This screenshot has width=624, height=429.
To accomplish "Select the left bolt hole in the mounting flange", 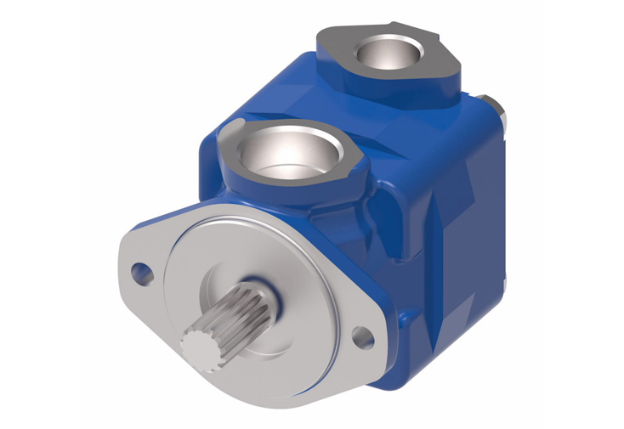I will (140, 274).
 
